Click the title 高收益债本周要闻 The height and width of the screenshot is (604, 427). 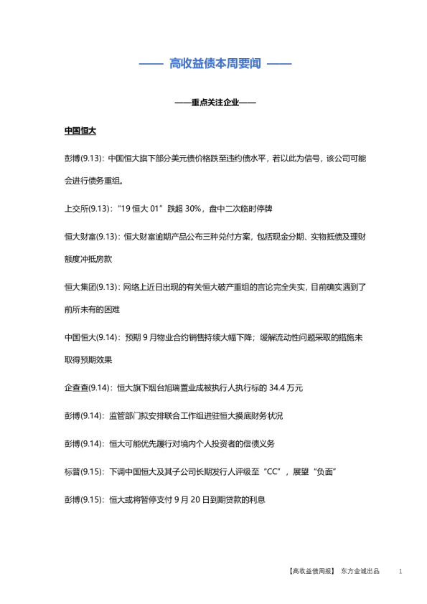pos(215,64)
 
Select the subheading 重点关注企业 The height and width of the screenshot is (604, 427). pos(215,103)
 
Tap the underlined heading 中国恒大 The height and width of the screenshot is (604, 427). pos(80,131)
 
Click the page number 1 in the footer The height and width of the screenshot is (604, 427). pos(400,571)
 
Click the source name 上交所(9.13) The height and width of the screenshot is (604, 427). pos(85,209)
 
